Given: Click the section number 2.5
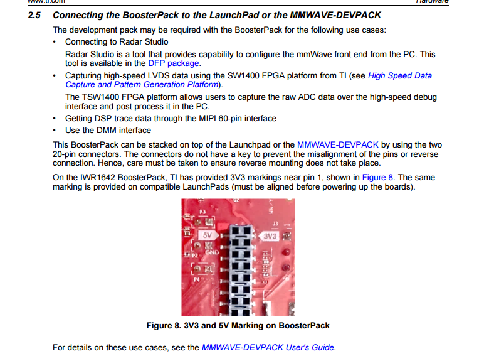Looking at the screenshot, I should coord(35,14).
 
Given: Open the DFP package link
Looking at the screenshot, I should coord(174,63).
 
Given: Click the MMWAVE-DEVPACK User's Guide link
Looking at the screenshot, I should coord(268,347).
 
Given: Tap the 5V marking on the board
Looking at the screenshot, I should coord(208,235).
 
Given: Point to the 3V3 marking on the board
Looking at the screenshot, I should coord(270,235).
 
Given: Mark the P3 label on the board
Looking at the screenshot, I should coord(202,212).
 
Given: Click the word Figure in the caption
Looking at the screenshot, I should coord(160,325).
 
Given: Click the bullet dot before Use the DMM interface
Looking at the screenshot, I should coord(56,131).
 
